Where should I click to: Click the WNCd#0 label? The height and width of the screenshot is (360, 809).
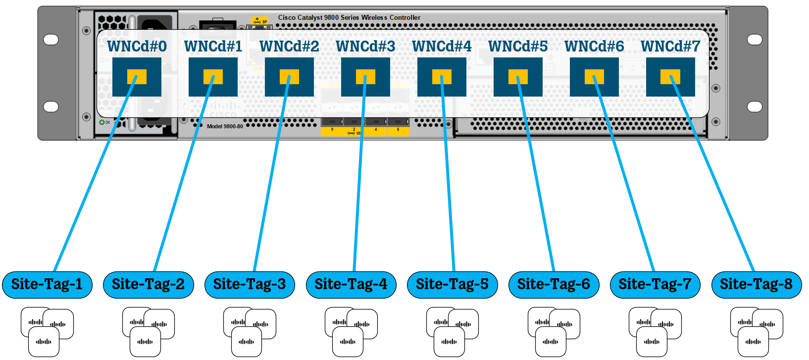[x=137, y=46]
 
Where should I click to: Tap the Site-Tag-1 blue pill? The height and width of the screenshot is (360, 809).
[x=47, y=285]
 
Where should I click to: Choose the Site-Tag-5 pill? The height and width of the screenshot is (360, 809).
[x=452, y=285]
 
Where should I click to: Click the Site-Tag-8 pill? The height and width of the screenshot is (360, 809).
[x=756, y=285]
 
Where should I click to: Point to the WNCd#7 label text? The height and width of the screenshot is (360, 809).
[x=670, y=46]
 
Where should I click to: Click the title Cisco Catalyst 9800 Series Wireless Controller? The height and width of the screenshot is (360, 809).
[x=349, y=17]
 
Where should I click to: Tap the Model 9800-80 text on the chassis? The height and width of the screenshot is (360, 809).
[x=225, y=126]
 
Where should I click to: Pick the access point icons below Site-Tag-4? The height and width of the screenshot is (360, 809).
[x=351, y=331]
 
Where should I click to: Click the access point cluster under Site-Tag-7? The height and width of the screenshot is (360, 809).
[x=655, y=331]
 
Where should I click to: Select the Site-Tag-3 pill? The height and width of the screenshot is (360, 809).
[x=250, y=285]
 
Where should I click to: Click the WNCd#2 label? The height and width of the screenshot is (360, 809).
[x=289, y=46]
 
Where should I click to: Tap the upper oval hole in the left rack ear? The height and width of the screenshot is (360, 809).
[x=51, y=40]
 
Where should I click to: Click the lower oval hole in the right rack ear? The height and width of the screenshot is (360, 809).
[x=755, y=106]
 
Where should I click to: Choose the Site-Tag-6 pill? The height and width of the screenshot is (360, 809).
[x=554, y=285]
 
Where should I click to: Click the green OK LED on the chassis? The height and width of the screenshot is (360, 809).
[x=102, y=122]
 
